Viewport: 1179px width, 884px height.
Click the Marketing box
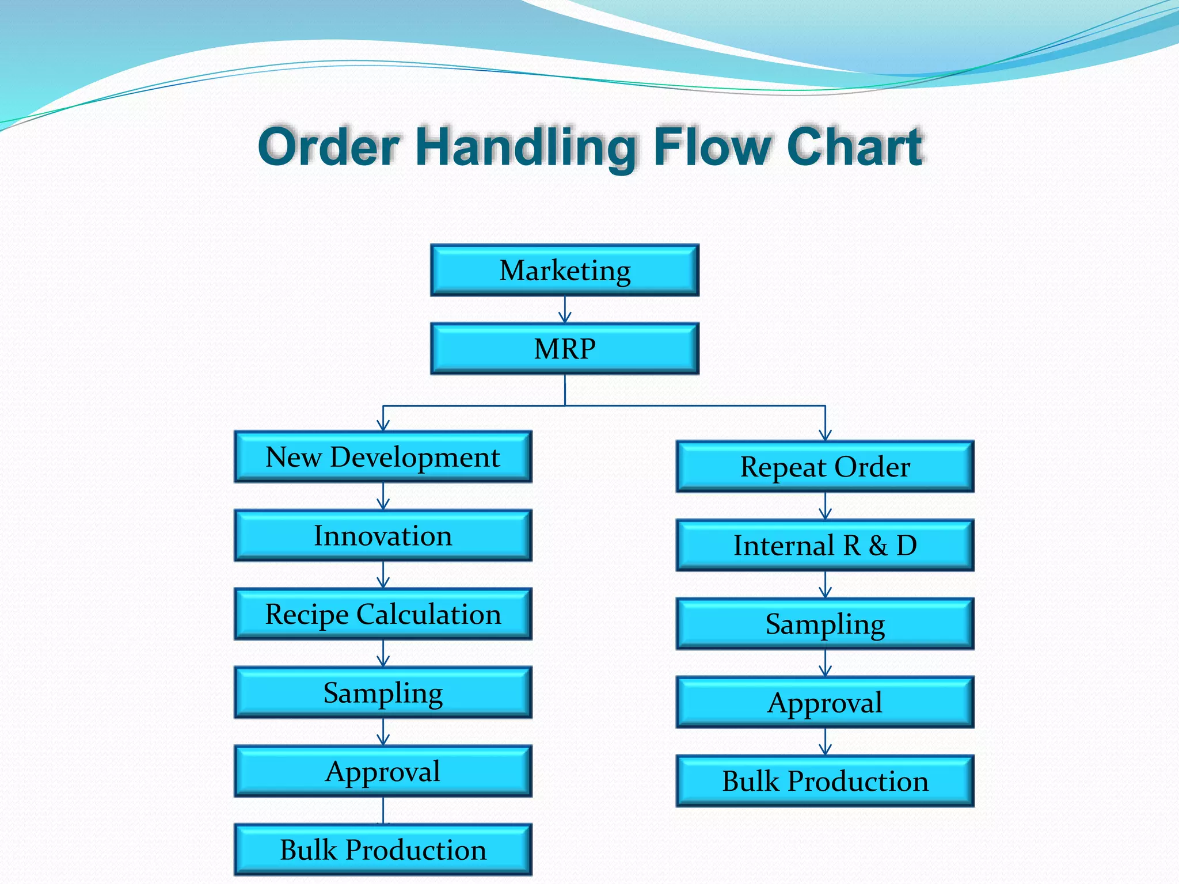(x=565, y=270)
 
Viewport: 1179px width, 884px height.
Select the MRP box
(x=565, y=349)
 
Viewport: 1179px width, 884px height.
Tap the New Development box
(x=383, y=457)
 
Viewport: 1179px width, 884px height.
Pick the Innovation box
(x=383, y=536)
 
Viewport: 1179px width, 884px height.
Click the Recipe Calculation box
(x=383, y=614)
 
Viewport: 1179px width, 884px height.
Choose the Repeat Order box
(x=825, y=467)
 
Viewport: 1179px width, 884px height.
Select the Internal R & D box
(x=825, y=546)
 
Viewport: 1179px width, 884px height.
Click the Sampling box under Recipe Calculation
(x=383, y=693)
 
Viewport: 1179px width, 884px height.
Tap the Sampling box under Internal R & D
(x=825, y=624)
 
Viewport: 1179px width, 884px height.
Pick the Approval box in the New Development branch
(x=383, y=771)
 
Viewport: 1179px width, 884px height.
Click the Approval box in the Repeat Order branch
(x=825, y=703)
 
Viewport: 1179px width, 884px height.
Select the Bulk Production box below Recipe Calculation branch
(x=383, y=850)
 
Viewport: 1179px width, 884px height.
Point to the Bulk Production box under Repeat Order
(x=825, y=782)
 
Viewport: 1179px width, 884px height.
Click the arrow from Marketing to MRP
(x=565, y=310)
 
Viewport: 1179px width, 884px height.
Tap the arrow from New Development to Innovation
(x=383, y=496)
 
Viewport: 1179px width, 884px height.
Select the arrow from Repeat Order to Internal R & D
(x=826, y=506)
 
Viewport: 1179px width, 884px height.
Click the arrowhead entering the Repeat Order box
(x=826, y=436)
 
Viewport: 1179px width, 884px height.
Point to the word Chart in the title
(x=855, y=147)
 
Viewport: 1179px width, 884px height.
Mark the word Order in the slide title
(x=329, y=147)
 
